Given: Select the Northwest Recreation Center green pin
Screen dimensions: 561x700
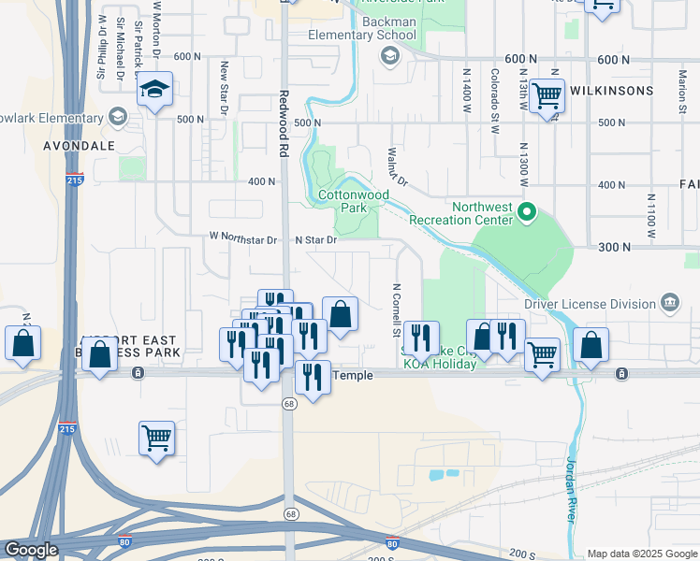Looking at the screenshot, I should coord(526,213).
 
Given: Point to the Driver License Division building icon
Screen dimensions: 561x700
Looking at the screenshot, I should coord(670,303).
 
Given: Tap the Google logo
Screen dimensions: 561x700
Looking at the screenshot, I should coord(31,550).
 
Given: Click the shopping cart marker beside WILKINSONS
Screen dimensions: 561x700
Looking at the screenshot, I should coord(547,95).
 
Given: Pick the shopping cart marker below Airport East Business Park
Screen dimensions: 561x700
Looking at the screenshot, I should coord(156,438).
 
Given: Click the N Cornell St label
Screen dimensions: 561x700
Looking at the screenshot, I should coord(397,310).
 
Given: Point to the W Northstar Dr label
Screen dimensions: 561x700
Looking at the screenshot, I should coord(243,239).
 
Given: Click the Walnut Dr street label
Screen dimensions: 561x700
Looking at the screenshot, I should coord(397,165).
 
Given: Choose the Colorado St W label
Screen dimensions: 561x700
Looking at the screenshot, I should coord(494,89).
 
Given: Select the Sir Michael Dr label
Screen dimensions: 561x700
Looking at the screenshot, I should coord(120,47).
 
